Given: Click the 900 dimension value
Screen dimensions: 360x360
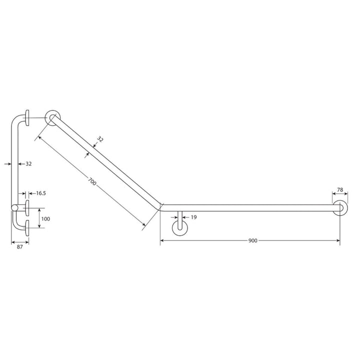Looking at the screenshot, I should pos(252,240).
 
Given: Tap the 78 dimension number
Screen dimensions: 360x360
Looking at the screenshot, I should pos(340,190).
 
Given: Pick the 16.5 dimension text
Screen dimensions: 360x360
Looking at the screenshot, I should pos(40,193).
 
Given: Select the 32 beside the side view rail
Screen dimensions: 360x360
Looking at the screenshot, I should pos(29,163).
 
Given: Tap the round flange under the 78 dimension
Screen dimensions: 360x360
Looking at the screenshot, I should pos(340,208).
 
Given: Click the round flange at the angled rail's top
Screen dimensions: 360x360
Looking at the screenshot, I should pos(52,117).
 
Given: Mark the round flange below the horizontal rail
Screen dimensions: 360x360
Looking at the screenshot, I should pos(179,227).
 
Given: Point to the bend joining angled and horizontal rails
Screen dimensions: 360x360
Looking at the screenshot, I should pos(160,205).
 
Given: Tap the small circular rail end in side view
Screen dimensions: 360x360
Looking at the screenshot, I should pos(14,208).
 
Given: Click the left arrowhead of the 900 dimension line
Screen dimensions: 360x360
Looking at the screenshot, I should pos(162,241).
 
